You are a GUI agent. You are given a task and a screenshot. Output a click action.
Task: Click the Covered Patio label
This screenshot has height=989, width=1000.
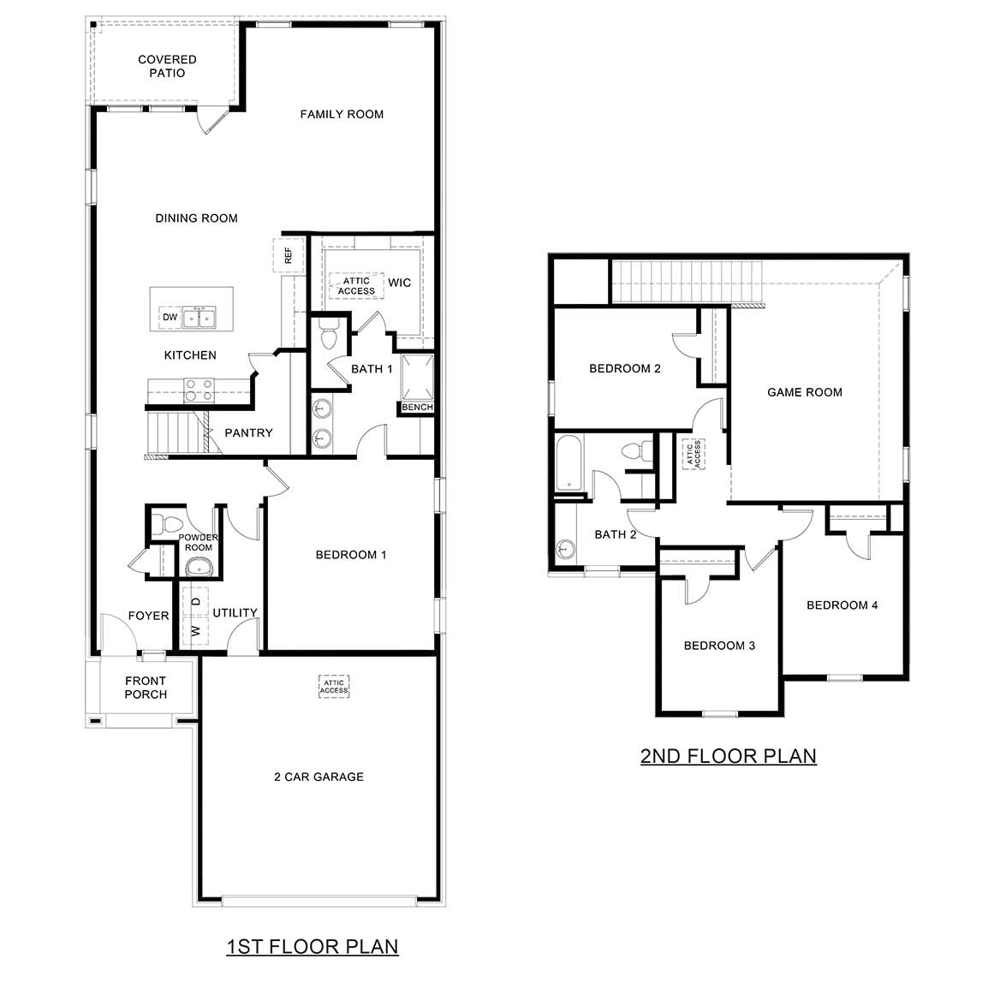(167, 66)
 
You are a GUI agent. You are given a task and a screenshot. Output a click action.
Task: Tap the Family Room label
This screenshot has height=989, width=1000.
(342, 114)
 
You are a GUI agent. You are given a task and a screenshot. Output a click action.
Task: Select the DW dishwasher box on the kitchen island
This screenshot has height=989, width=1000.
(170, 318)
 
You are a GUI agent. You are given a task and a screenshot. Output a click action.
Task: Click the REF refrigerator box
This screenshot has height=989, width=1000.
(288, 254)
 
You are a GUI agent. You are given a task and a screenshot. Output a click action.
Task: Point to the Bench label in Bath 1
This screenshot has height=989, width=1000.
(417, 408)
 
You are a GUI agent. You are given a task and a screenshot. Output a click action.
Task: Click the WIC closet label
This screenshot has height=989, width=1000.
(399, 283)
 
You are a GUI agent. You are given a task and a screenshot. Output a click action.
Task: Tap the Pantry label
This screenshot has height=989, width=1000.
(248, 432)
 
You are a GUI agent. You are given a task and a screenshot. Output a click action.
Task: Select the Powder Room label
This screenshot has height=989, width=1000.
(198, 542)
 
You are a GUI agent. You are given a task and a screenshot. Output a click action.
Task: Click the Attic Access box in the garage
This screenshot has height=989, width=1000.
(334, 686)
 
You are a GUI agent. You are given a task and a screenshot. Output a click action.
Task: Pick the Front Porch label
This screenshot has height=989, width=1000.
(146, 688)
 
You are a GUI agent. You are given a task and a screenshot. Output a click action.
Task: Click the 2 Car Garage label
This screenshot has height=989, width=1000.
(318, 777)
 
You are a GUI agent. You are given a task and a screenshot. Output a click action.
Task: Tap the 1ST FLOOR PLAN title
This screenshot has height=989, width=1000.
(312, 946)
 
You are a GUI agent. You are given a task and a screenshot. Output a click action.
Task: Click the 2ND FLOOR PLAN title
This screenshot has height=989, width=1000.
(728, 756)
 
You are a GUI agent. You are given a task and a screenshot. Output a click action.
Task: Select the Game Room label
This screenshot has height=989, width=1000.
(804, 392)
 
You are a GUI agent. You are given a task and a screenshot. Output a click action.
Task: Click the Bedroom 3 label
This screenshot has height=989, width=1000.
(719, 645)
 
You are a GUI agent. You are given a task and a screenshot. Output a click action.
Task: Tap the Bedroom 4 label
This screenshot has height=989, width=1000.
(842, 605)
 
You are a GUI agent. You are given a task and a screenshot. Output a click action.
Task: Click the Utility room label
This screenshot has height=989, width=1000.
(235, 612)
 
